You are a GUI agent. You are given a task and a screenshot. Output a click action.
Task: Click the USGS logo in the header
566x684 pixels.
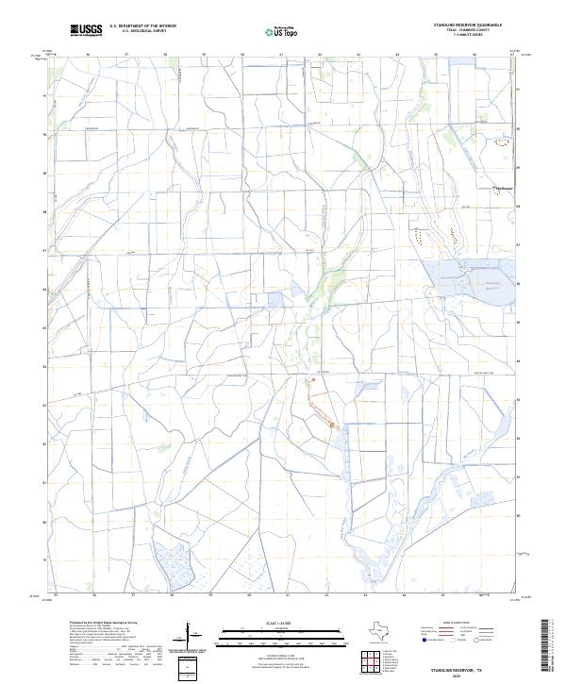[x=88, y=31]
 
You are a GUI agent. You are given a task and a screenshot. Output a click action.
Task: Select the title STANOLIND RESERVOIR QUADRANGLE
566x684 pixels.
[x=479, y=25]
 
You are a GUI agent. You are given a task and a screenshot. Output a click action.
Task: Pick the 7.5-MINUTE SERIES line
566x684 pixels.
[x=479, y=37]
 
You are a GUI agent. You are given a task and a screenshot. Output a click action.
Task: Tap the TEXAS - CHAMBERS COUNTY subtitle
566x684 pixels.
[x=479, y=31]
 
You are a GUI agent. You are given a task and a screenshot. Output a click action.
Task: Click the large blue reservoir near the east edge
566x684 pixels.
[x=464, y=276]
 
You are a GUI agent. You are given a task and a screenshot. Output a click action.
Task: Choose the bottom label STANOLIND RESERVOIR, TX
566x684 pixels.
[x=479, y=666]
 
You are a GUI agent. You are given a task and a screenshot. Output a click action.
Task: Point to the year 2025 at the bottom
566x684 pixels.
[x=479, y=674]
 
